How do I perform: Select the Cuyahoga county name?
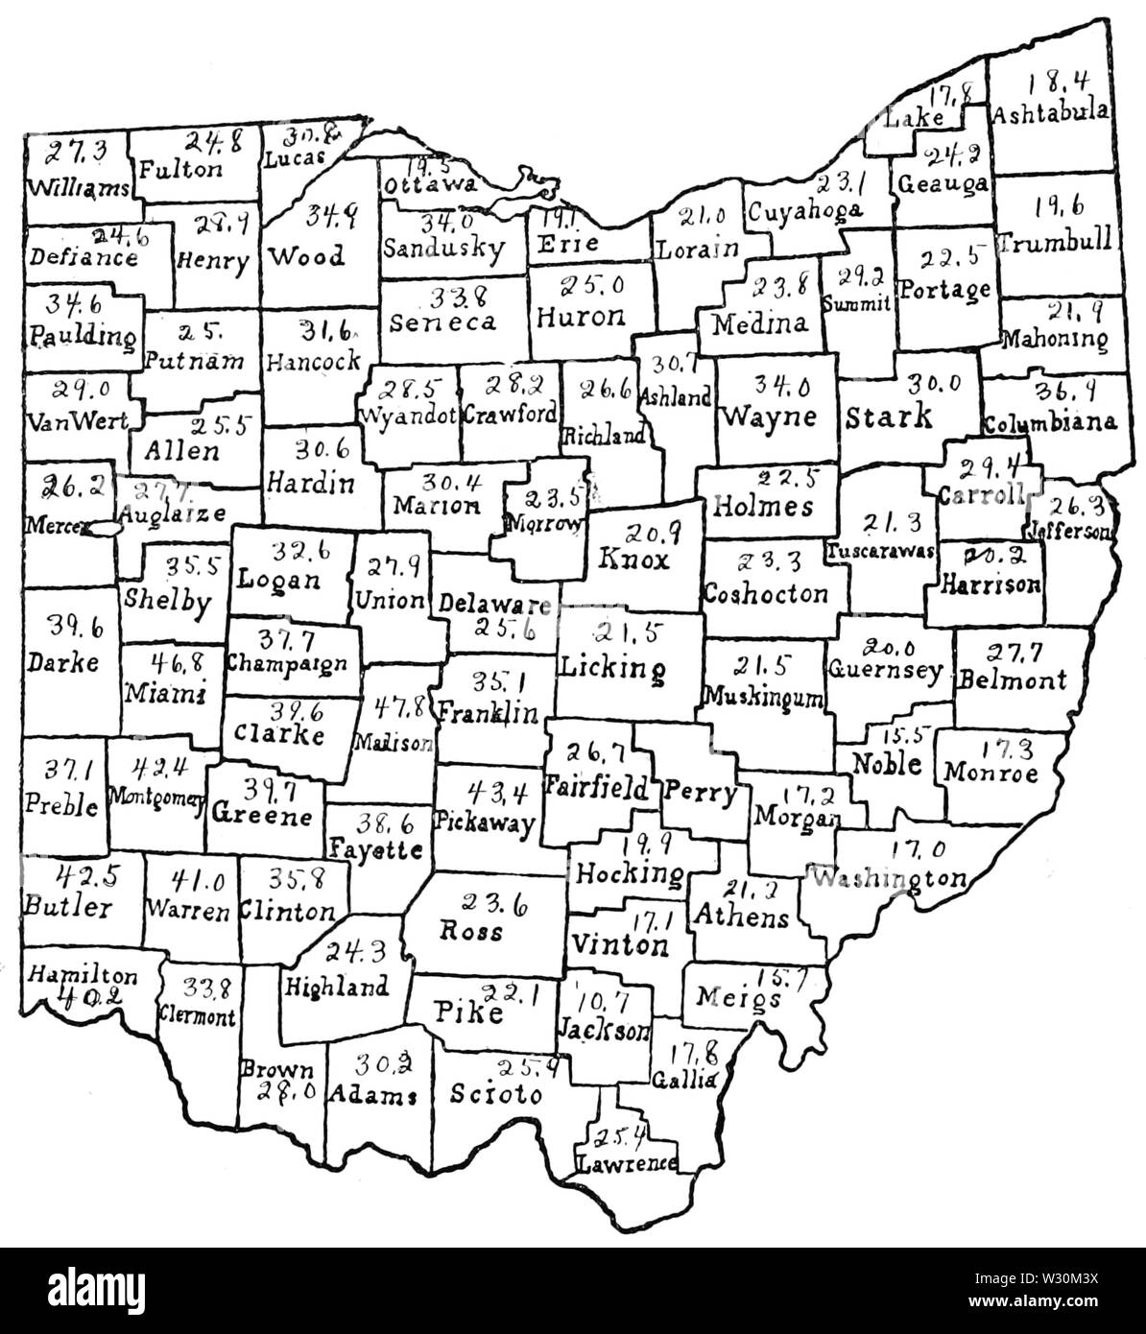(804, 209)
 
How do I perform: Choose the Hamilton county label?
(82, 975)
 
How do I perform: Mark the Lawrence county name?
(626, 1163)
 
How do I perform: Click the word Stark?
(889, 417)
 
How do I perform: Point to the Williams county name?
(79, 186)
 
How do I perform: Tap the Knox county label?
(633, 559)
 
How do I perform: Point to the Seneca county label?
(443, 322)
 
